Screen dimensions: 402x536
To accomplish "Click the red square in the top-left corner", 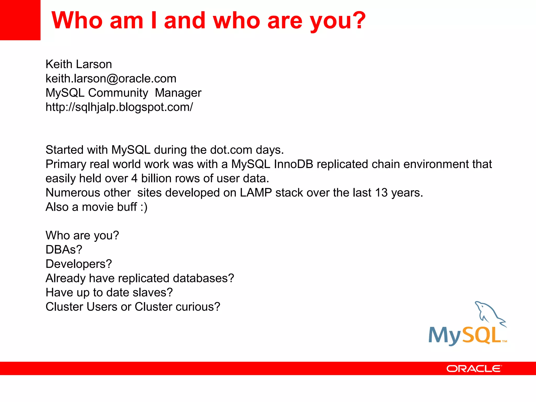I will pos(20,20).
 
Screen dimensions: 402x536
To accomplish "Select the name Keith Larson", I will pos(79,64).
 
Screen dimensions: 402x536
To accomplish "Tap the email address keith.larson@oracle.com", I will pos(111,79).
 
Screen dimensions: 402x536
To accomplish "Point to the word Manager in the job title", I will pos(178,93).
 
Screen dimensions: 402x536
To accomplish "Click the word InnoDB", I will pos(293,164).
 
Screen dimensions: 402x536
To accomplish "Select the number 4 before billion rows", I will pos(134,179).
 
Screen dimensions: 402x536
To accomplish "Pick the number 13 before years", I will pos(381,193).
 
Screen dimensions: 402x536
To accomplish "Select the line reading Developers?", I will pos(79,264).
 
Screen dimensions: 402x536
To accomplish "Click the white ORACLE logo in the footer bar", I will pos(474,369).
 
